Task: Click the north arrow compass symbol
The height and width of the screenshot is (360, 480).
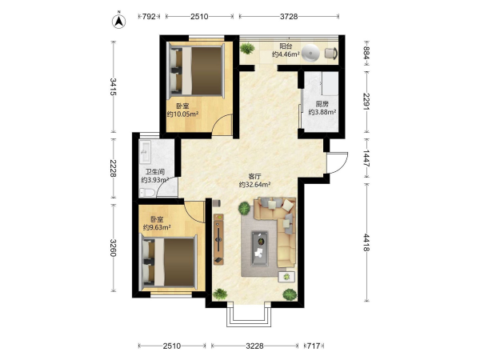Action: point(118,21)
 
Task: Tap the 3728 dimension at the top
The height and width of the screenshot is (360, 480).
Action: point(289,17)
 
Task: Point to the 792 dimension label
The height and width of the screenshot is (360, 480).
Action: point(149,17)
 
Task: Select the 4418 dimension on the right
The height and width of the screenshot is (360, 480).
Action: point(366,242)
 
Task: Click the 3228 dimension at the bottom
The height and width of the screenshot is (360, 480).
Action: point(254,346)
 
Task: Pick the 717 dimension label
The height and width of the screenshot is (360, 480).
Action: point(314,346)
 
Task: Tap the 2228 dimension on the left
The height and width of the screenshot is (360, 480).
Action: point(113,168)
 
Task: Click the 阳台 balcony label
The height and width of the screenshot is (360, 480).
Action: point(286,46)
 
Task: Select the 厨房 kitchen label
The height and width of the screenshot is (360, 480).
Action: point(322,104)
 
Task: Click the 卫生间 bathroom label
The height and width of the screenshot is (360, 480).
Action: point(155,172)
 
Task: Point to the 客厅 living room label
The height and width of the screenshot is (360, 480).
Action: point(254,177)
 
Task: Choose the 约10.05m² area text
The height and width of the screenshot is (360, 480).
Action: point(182,114)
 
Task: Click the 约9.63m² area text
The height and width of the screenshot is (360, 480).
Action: point(157,227)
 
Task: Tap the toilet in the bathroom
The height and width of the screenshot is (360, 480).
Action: point(147,193)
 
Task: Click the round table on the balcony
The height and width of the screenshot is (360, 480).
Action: point(310,54)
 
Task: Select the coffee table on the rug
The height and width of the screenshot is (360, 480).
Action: point(259,248)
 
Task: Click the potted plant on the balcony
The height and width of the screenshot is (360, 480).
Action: point(247,48)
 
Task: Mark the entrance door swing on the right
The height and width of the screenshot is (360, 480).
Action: point(338,162)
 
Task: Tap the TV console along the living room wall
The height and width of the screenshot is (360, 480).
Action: point(218,239)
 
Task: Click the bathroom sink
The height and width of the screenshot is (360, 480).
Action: point(146,152)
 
